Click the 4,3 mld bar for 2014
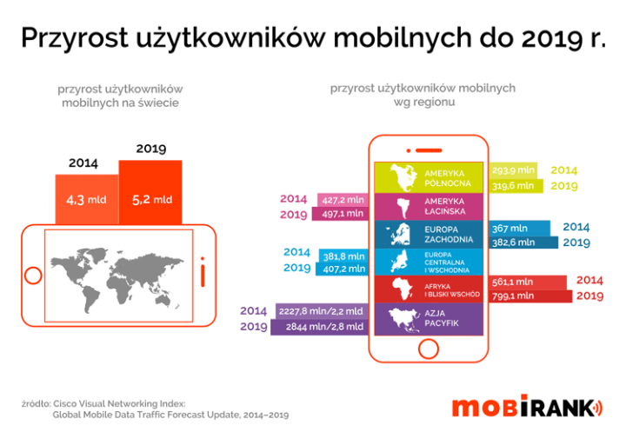pos(86,199)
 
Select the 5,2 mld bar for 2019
pos(150,192)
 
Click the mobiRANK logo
pos(526,408)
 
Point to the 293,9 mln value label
pos(513,170)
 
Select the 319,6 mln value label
pos(515,185)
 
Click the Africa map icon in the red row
pos(402,289)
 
